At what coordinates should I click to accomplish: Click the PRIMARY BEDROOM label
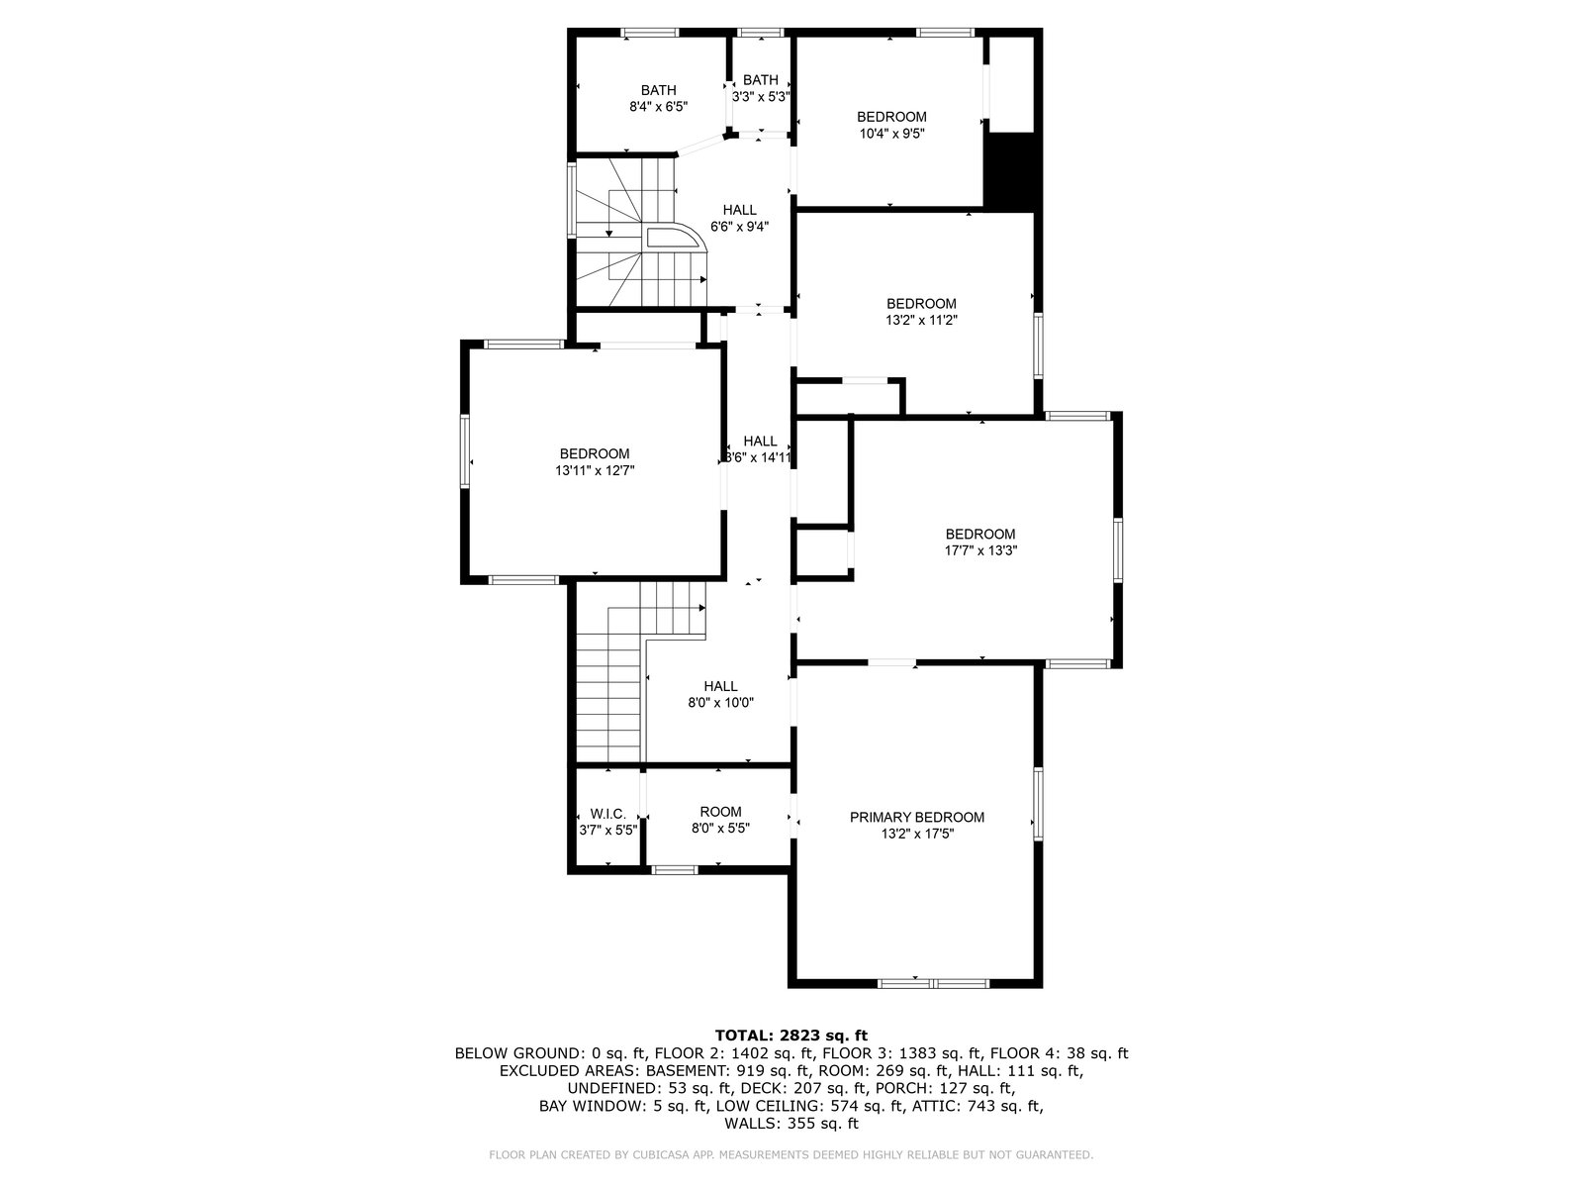coord(916,818)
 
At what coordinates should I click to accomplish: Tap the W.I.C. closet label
coord(607,814)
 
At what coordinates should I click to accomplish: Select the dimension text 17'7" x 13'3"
coord(980,550)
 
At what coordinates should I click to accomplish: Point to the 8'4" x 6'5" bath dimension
coord(659,107)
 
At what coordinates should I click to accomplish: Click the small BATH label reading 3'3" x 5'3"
coord(761,80)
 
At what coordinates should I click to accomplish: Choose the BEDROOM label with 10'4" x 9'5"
coord(891,117)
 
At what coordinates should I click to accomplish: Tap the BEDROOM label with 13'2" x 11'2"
coord(921,304)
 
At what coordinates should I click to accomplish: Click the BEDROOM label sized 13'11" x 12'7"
coord(595,453)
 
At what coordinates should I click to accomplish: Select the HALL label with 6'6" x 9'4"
coord(739,210)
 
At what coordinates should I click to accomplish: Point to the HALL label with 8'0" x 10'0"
coord(720,686)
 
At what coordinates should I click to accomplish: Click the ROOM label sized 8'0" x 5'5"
coord(720,812)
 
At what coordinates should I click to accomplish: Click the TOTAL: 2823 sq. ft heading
coord(791,1036)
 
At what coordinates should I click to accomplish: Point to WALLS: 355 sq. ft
coord(791,1123)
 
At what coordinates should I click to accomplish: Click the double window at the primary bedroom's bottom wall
coord(933,983)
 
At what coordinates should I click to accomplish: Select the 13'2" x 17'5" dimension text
coord(916,834)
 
